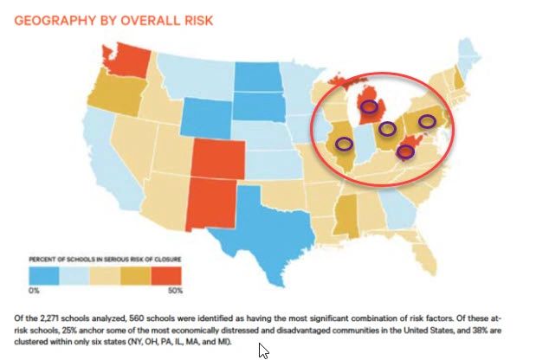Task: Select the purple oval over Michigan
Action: click(x=374, y=107)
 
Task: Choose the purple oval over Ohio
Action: click(x=388, y=129)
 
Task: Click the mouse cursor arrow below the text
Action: click(x=263, y=350)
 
